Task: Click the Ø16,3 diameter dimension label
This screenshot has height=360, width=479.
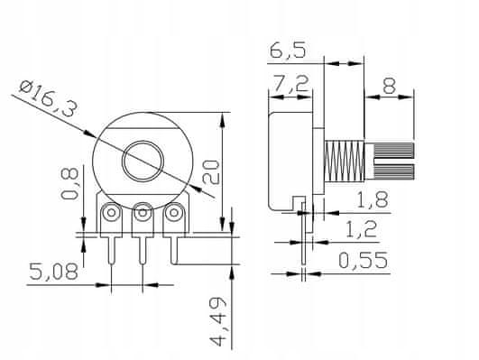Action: point(47,97)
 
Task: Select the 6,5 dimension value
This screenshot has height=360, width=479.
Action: point(288,51)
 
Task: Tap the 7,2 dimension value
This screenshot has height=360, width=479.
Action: point(290,83)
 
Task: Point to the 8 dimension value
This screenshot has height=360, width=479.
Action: point(389,86)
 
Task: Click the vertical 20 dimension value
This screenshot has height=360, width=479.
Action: point(211,172)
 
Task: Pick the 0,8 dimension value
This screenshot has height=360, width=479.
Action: point(69,184)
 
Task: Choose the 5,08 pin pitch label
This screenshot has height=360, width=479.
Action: point(54,272)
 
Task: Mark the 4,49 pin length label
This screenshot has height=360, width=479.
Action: point(218,322)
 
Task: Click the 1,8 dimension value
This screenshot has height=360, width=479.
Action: point(373,200)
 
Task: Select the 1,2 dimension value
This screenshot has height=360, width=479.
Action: point(362,229)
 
